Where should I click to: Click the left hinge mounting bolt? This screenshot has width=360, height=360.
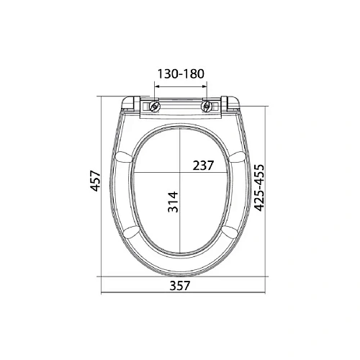(153, 107)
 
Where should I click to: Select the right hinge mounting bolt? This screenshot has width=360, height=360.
(208, 107)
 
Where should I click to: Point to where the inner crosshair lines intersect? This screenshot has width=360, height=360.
(180, 174)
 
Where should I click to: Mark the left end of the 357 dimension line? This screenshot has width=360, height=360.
(101, 294)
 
